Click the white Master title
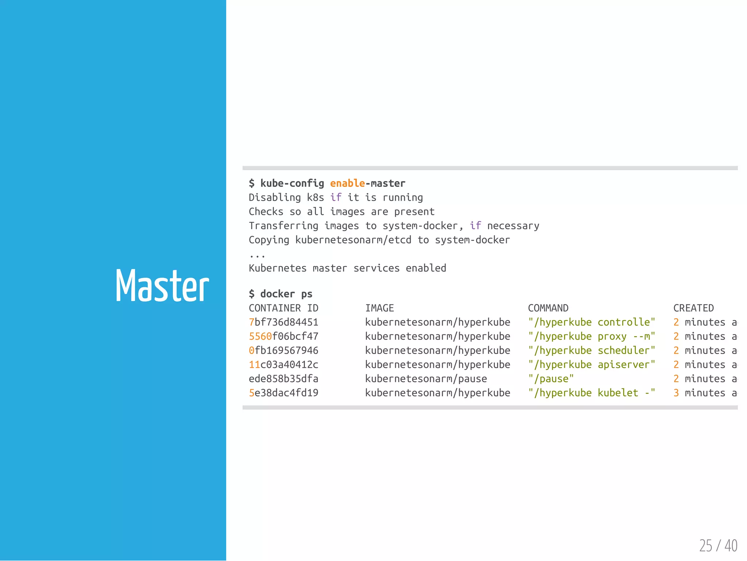point(162,285)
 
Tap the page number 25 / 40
point(718,546)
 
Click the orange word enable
point(347,183)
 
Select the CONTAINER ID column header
point(283,308)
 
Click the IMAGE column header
point(379,308)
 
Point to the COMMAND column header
point(548,308)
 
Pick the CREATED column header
point(693,308)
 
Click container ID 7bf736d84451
point(283,322)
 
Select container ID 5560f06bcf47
point(283,336)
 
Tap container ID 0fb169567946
point(283,350)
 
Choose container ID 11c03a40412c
point(283,365)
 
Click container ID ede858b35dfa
point(283,379)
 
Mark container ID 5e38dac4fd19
point(283,393)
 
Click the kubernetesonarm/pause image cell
point(426,379)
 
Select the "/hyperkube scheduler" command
point(591,350)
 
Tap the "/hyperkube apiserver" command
point(591,365)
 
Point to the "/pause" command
point(551,379)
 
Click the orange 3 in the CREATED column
point(676,393)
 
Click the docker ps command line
point(280,294)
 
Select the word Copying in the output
point(269,240)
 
